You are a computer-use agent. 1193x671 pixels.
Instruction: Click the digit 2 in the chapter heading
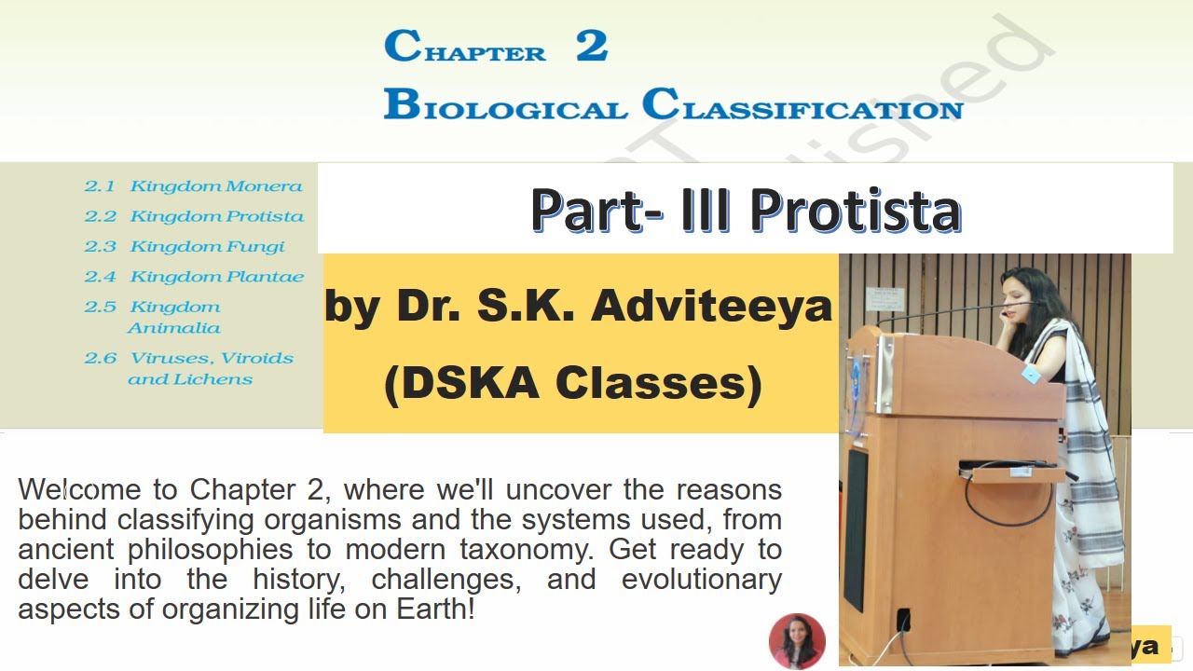[592, 47]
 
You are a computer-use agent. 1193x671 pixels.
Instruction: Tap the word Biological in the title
[504, 105]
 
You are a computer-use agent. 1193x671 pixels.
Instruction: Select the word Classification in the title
[802, 105]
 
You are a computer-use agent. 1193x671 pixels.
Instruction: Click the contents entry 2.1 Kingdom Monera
[194, 186]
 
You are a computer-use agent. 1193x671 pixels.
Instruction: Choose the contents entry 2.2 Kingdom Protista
[194, 216]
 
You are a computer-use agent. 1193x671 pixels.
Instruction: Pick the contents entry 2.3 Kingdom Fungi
[185, 247]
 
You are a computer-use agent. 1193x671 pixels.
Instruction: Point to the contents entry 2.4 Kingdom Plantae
[194, 277]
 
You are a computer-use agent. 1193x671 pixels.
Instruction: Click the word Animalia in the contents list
[174, 328]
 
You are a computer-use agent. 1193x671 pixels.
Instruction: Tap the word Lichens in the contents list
[216, 379]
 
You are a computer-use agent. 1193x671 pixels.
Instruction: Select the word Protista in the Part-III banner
[855, 210]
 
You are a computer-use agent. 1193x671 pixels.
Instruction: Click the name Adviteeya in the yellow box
[711, 307]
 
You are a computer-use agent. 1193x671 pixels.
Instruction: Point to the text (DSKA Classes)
[573, 383]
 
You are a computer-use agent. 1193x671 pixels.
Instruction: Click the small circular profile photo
[797, 641]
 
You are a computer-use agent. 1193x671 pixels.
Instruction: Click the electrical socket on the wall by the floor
[903, 620]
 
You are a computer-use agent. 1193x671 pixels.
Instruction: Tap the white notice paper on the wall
[884, 299]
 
